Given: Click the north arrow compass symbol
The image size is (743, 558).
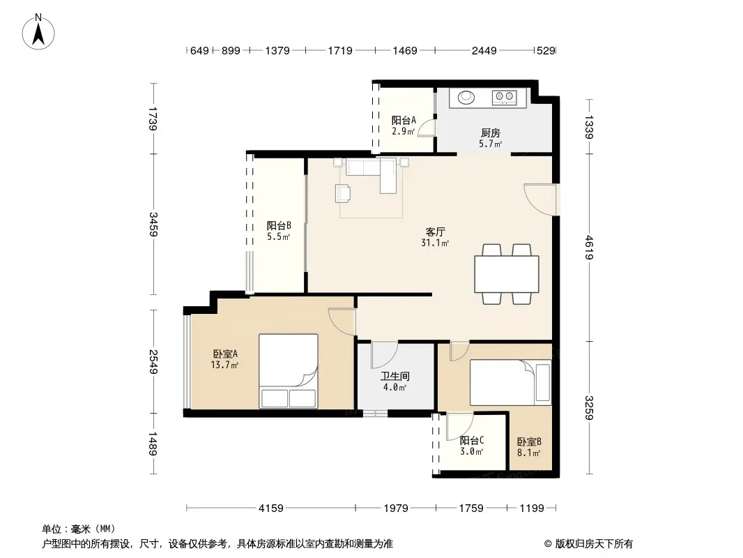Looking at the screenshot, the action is click(38, 32).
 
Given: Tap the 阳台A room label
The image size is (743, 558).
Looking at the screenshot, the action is click(404, 121).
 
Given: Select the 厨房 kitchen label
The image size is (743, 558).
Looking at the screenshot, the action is click(491, 133).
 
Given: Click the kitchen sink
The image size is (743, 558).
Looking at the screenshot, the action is click(466, 97).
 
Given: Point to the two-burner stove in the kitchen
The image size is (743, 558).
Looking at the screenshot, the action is click(504, 98).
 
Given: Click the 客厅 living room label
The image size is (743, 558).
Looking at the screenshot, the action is click(435, 232).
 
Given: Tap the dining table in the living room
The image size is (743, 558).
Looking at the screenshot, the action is click(507, 274).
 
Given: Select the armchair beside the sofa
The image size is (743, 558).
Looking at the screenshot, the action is click(343, 193).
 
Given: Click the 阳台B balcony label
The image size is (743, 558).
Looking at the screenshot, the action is click(279, 226).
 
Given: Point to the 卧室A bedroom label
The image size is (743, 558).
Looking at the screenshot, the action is click(225, 354).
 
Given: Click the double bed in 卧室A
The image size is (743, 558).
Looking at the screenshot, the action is click(288, 371).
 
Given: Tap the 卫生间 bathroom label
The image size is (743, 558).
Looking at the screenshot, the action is click(395, 377).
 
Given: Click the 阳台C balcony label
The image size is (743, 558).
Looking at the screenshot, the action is click(471, 440).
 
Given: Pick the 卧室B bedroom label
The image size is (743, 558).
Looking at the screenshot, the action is click(529, 442).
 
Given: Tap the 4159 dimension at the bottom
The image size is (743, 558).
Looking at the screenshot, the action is click(270, 508).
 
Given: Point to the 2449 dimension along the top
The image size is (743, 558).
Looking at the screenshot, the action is click(484, 50).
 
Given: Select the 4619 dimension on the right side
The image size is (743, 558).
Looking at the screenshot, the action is click(589, 248).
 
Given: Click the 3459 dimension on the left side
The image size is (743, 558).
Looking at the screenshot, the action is click(153, 224).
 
